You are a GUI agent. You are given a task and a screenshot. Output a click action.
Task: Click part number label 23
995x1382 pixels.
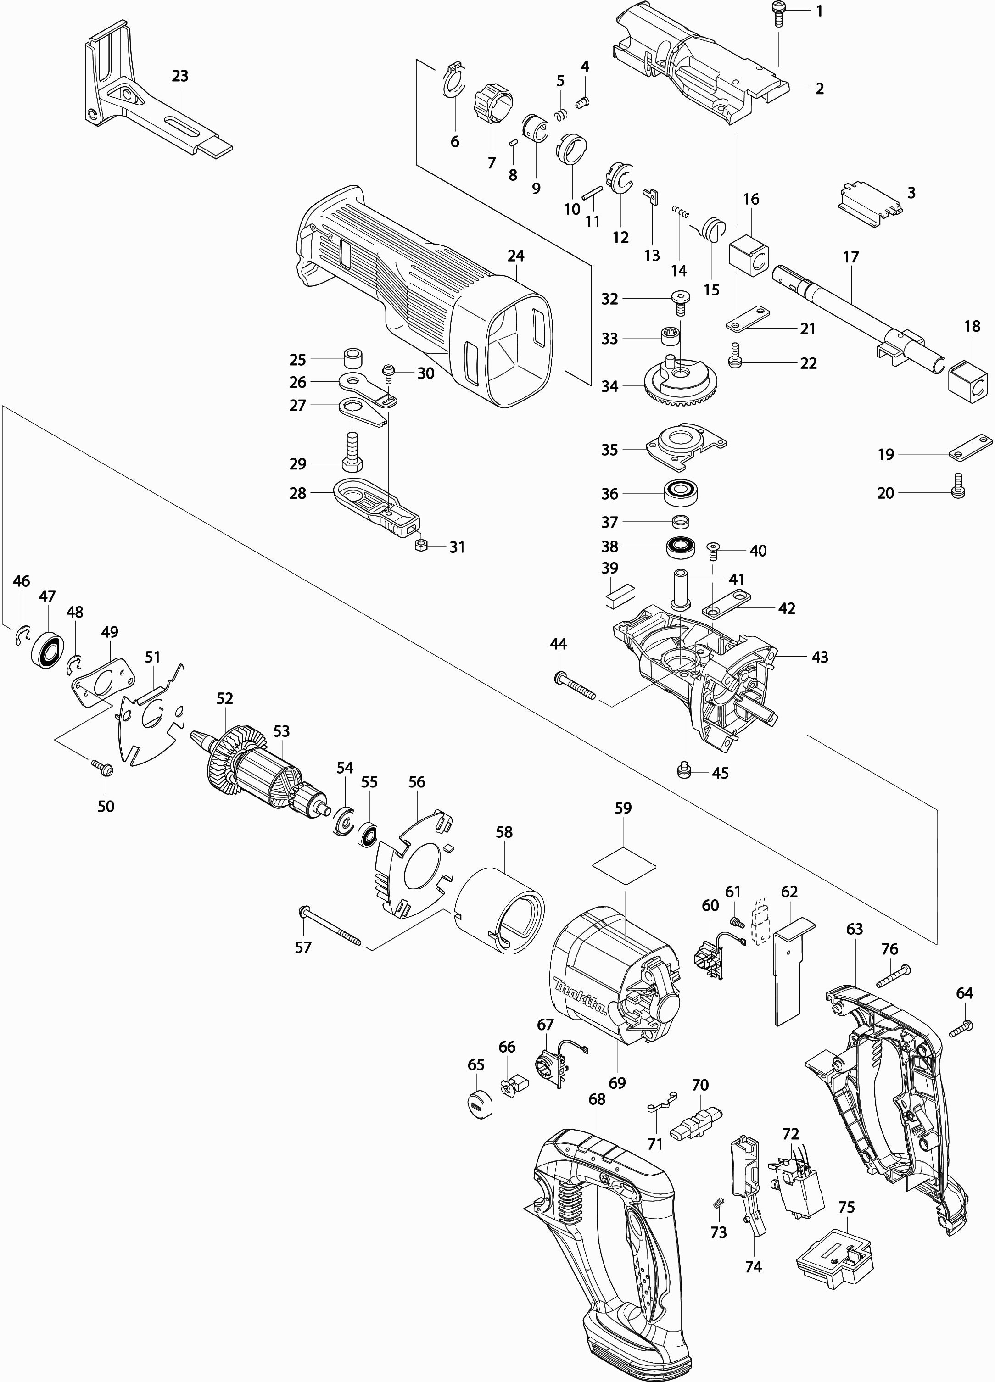[x=180, y=76]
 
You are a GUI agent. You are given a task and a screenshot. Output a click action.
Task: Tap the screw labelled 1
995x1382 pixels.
[x=778, y=13]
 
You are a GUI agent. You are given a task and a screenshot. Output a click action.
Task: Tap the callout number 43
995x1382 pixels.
[x=820, y=657]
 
